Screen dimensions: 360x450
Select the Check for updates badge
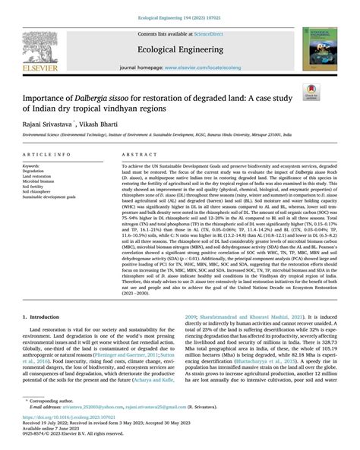click(310, 93)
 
